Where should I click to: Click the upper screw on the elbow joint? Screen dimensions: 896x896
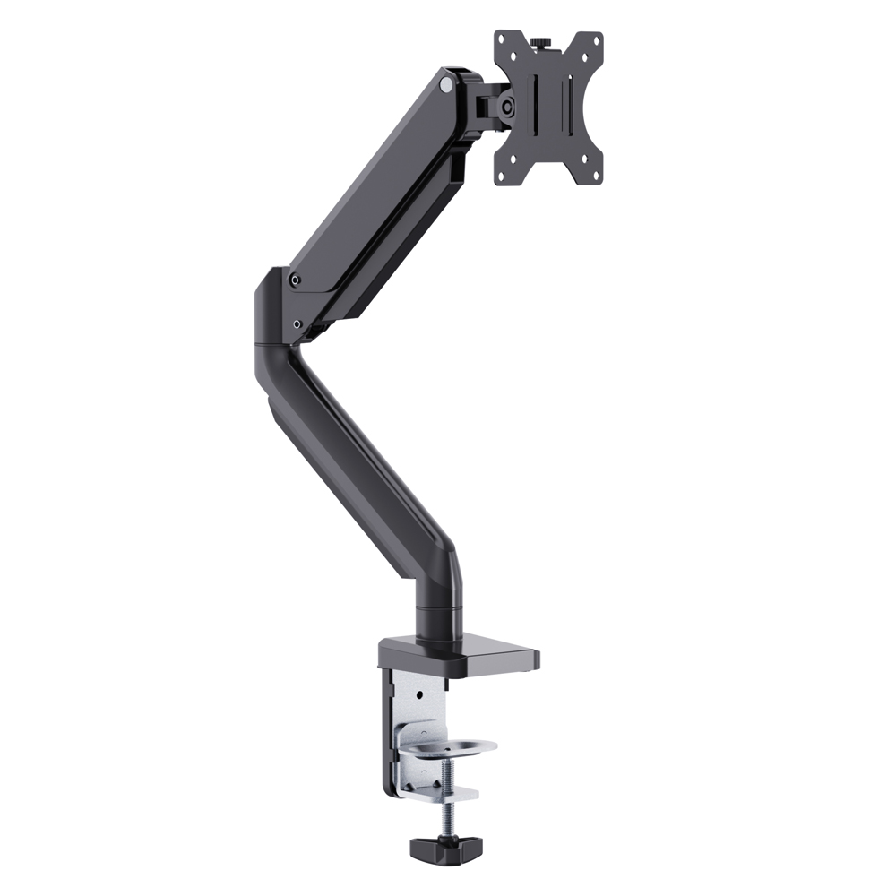(296, 280)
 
